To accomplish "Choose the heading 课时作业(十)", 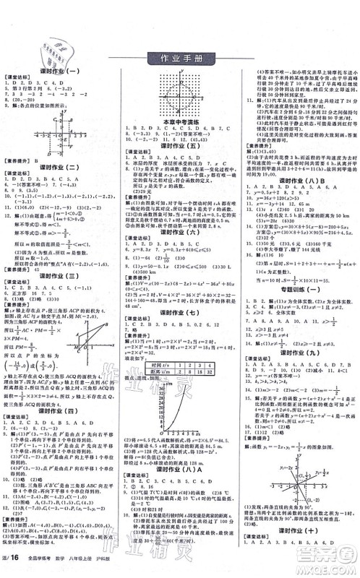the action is pyautogui.click(x=299, y=550).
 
